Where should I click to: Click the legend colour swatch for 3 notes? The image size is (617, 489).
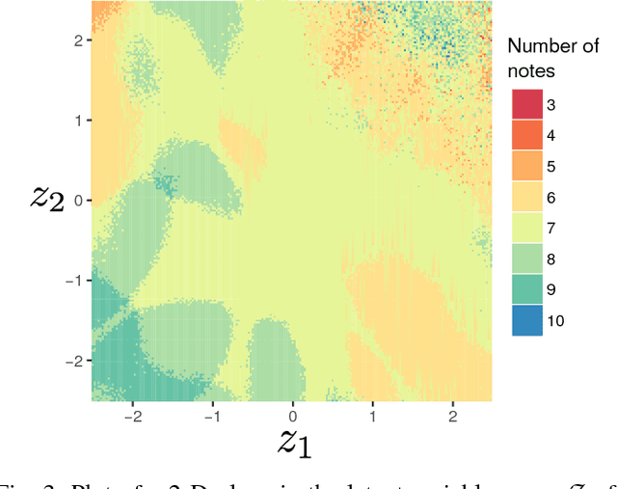point(526,104)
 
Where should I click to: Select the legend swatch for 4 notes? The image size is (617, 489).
point(526,135)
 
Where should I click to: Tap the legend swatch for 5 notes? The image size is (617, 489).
point(526,166)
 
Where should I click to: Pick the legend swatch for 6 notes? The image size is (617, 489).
point(526,197)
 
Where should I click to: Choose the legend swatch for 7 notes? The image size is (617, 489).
point(526,228)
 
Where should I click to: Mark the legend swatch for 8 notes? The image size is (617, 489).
point(526,258)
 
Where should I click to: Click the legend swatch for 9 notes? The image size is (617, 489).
point(526,289)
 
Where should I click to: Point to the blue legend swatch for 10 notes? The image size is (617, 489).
point(526,320)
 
